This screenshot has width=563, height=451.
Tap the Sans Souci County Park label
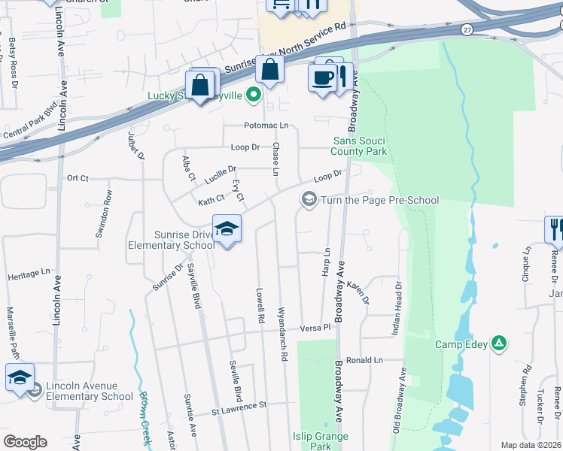361,146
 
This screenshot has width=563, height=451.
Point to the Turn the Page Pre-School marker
308,200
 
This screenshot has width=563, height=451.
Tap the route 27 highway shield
467,29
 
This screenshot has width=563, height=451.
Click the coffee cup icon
322,77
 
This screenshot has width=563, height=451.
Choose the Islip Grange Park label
321,440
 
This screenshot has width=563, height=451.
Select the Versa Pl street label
315,328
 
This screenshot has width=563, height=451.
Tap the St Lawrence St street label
239,405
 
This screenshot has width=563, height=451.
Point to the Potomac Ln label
266,126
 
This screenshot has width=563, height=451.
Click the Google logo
25,441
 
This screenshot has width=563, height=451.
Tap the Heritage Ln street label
29,276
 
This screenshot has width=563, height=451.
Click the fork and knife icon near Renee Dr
555,229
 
